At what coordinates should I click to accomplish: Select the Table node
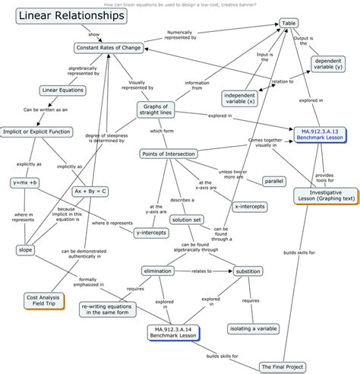tap(289, 24)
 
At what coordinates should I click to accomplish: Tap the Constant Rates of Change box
tap(109, 48)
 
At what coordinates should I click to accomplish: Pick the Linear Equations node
tap(60, 90)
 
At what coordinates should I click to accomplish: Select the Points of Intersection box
tap(169, 154)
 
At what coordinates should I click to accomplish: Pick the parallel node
tap(274, 181)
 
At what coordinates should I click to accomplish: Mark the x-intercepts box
tap(248, 206)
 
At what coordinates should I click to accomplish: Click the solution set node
tap(186, 220)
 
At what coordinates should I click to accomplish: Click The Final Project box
tap(283, 366)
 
